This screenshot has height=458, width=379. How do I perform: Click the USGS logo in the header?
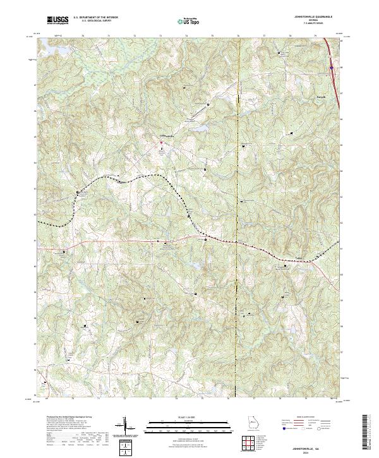pyautogui.click(x=57, y=21)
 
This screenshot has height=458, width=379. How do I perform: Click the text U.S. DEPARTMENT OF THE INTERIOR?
pyautogui.click(x=95, y=18)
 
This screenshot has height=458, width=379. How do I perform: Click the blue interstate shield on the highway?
pyautogui.click(x=331, y=63)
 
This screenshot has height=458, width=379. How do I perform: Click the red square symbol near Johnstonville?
pyautogui.click(x=160, y=142)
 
